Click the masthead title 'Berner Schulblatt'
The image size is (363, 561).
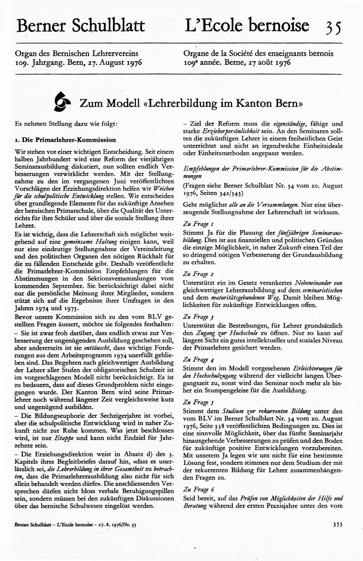[81, 26]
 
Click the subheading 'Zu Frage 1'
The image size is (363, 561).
[196, 224]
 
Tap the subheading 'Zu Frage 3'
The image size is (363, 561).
[196, 316]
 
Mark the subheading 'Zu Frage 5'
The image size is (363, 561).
[196, 402]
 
